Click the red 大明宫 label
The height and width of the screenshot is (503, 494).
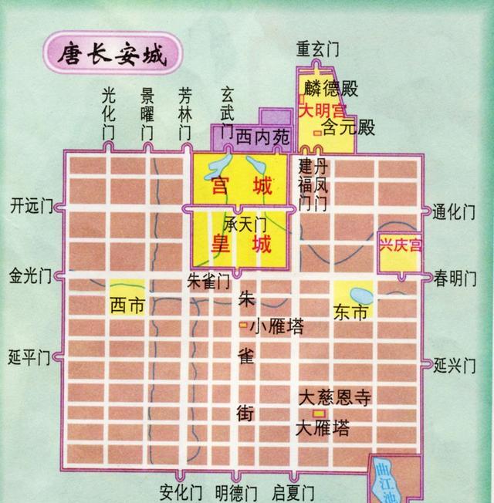click(324, 110)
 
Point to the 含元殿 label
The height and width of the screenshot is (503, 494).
click(348, 127)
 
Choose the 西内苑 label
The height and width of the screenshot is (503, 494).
click(263, 137)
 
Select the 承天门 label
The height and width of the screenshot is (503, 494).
click(245, 224)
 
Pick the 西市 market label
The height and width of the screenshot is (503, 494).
click(127, 305)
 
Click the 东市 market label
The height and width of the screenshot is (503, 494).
click(352, 312)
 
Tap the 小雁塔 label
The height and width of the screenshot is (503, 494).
click(276, 326)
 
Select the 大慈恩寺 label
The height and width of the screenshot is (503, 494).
click(335, 398)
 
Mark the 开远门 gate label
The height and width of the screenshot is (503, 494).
click(31, 206)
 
